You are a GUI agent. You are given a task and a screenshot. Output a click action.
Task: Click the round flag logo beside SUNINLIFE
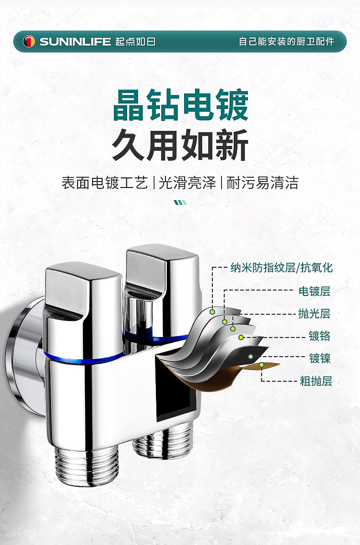click(29, 42)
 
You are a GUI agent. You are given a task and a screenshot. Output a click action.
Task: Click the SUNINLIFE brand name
click(75, 42)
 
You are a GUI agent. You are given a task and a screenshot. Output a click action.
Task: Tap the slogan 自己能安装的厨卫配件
click(287, 42)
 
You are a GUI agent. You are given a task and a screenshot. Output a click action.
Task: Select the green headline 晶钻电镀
click(180, 106)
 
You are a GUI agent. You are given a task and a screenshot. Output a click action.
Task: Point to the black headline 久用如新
click(180, 145)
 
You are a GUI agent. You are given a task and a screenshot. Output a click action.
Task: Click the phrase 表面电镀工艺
click(105, 183)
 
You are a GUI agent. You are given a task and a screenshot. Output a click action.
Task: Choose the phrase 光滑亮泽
click(187, 183)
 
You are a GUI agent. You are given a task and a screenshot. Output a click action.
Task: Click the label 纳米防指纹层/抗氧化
click(282, 268)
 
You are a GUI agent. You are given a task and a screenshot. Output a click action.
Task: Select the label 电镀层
click(314, 291)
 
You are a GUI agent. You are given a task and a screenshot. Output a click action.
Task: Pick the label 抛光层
click(314, 314)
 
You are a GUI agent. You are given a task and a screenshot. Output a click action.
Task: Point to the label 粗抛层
click(316, 381)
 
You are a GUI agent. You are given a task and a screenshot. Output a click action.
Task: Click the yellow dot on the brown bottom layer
click(262, 365)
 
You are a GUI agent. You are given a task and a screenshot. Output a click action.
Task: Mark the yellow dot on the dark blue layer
click(250, 356)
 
